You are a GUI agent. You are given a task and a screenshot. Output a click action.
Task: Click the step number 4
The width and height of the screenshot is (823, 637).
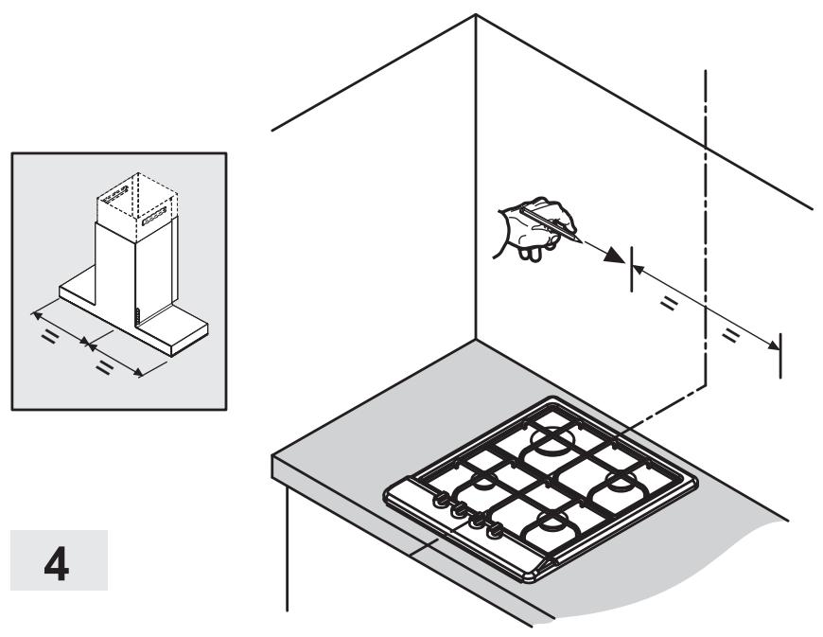(57, 563)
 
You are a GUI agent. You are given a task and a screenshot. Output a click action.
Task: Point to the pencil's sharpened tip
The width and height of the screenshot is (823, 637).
(581, 241)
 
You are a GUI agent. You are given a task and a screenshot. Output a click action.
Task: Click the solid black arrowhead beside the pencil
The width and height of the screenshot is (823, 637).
(614, 256)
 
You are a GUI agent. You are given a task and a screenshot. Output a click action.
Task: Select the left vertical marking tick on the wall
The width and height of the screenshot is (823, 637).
(631, 269)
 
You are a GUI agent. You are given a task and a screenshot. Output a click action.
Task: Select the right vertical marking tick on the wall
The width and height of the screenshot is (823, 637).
(780, 356)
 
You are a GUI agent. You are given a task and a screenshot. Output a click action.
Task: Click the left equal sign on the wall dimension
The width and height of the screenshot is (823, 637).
(668, 303)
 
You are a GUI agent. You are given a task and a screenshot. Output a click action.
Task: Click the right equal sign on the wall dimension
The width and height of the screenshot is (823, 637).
(730, 334)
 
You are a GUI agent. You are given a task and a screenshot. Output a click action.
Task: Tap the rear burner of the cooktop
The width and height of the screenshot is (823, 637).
(552, 437)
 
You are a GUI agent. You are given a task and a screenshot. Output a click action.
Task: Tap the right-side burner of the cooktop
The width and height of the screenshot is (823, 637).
(618, 483)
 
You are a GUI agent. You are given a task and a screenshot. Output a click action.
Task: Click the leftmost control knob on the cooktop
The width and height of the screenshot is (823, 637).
(440, 500)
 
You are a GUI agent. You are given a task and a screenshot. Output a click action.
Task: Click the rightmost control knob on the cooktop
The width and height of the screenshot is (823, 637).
(494, 531)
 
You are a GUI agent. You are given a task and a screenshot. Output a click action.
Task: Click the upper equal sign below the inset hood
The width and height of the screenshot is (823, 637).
(50, 337)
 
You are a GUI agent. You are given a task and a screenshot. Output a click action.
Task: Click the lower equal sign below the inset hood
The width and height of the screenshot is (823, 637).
(104, 367)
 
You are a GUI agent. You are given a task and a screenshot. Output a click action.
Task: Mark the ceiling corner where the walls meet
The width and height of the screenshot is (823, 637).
(476, 15)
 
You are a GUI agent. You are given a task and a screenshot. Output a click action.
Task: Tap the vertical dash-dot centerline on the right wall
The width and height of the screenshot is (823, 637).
(706, 227)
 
